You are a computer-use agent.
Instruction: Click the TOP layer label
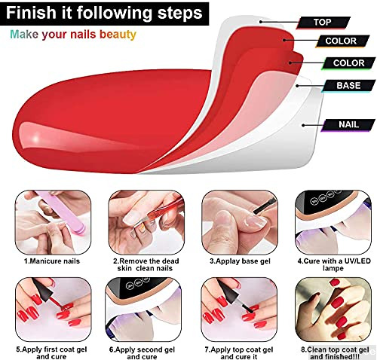(x=323, y=23)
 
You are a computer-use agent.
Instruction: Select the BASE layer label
(x=348, y=86)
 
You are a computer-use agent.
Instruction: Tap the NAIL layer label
(x=348, y=125)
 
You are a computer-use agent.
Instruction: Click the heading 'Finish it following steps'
(x=104, y=13)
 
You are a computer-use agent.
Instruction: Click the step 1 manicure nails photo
(x=53, y=222)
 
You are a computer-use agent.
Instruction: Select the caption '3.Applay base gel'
(x=240, y=261)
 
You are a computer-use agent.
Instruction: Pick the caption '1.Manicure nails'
(x=52, y=261)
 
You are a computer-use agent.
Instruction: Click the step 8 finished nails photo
(x=333, y=310)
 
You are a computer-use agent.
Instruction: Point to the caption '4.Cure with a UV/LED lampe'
(x=334, y=264)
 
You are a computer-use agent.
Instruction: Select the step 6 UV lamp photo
(x=143, y=310)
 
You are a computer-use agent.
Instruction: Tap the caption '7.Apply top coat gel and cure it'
(x=239, y=353)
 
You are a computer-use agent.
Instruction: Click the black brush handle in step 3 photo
(x=264, y=206)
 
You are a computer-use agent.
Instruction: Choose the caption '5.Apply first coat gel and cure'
(x=51, y=353)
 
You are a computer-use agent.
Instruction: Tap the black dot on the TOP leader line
(x=261, y=22)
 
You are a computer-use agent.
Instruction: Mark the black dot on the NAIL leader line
(x=303, y=125)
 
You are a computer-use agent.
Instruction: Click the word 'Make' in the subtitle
(x=24, y=35)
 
